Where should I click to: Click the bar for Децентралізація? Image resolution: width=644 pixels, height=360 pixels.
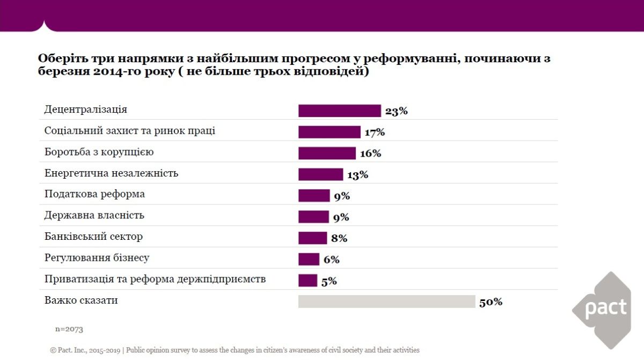click(x=339, y=111)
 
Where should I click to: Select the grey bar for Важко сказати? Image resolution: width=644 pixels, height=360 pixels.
click(x=386, y=302)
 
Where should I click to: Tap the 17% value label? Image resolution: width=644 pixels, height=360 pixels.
click(x=375, y=132)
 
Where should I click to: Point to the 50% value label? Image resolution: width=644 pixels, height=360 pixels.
click(x=491, y=302)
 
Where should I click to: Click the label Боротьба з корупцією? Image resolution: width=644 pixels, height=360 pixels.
click(x=99, y=152)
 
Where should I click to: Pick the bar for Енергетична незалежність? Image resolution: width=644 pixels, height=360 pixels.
click(x=320, y=174)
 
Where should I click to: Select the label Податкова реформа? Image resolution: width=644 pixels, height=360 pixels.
click(x=94, y=194)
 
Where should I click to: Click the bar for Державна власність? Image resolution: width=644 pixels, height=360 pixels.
click(x=313, y=217)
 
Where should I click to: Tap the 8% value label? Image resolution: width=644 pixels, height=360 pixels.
click(x=339, y=238)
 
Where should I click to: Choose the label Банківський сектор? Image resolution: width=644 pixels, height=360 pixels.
click(x=93, y=236)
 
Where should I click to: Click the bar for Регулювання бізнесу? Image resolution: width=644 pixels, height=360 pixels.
click(x=309, y=259)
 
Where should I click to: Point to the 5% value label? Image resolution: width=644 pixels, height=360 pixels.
click(x=328, y=281)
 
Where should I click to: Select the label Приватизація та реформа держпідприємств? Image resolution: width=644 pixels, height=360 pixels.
click(x=155, y=279)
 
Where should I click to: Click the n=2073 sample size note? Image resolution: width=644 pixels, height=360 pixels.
click(x=69, y=329)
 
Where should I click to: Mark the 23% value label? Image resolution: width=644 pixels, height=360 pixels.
click(x=397, y=111)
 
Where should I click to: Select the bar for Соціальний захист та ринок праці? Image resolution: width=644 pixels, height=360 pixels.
click(x=329, y=132)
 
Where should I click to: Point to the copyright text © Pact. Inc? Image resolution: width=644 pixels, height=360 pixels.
click(x=85, y=350)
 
